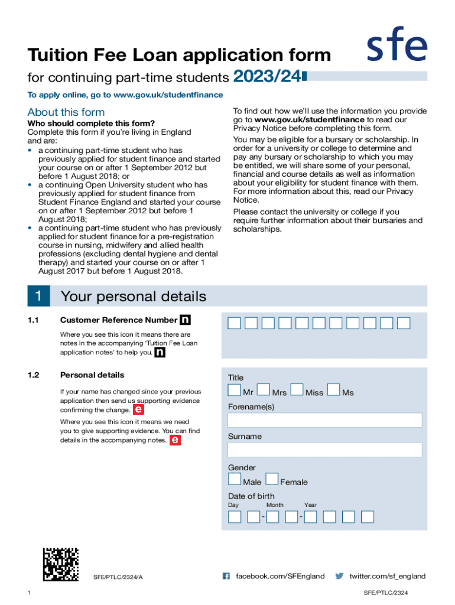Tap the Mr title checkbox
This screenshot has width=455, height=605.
coord(235,390)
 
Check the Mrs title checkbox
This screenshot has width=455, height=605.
coord(264,390)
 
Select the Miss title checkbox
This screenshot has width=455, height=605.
coord(297,390)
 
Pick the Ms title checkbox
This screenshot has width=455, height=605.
coord(333,390)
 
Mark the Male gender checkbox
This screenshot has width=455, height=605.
coord(235,479)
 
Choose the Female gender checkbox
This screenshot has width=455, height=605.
coord(272,479)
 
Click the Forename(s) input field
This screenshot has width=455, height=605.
coord(324,420)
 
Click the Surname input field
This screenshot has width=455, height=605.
coord(324,450)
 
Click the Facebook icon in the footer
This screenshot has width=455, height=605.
coord(226,576)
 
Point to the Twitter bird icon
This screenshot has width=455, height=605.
coord(339,576)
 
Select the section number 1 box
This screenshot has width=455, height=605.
coord(38,296)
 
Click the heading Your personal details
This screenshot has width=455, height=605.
coord(134,296)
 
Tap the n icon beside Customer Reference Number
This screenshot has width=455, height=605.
coord(186,320)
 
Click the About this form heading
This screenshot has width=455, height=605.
coord(66,112)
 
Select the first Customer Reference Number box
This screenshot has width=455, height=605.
coord(234,323)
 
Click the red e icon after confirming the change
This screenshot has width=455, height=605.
coord(138,409)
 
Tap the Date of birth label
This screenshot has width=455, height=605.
coord(251,496)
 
